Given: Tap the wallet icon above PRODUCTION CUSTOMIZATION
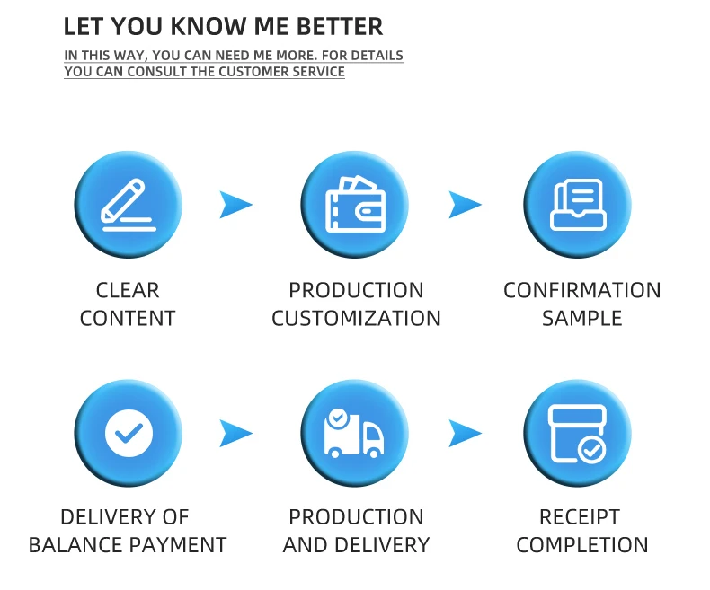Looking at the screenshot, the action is pyautogui.click(x=354, y=205).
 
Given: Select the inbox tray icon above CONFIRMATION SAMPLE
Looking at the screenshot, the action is pyautogui.click(x=577, y=205).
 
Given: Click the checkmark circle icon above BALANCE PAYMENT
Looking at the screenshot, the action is pyautogui.click(x=129, y=433).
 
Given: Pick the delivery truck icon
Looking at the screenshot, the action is pyautogui.click(x=354, y=433).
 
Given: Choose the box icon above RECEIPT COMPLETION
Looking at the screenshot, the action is pyautogui.click(x=577, y=433).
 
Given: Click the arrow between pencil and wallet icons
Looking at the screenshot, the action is pyautogui.click(x=235, y=205).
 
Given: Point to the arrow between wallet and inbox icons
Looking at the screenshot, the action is pyautogui.click(x=465, y=205).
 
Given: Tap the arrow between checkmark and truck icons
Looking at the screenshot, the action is pyautogui.click(x=235, y=433).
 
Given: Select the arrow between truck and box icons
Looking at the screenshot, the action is pyautogui.click(x=465, y=433).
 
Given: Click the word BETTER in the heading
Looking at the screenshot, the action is pyautogui.click(x=337, y=27).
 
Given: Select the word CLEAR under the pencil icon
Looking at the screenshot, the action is pyautogui.click(x=128, y=290).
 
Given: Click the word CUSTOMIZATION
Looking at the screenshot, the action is pyautogui.click(x=356, y=318).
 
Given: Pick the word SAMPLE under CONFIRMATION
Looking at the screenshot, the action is pyautogui.click(x=581, y=318).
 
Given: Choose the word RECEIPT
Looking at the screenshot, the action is pyautogui.click(x=579, y=516).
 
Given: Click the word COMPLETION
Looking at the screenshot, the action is pyautogui.click(x=581, y=544).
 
